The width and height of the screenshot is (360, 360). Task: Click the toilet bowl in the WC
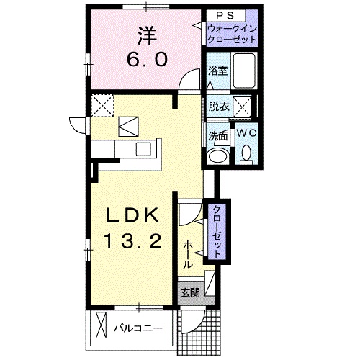pyautogui.click(x=246, y=153)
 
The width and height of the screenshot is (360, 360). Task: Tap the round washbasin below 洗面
pyautogui.click(x=217, y=157)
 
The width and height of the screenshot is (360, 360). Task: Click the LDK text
pyautogui.click(x=130, y=217)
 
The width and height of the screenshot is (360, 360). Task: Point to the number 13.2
pyautogui.click(x=130, y=243)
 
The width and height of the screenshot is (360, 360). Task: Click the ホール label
pyautogui.click(x=189, y=254)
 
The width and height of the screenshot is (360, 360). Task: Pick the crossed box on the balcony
pyautogui.click(x=100, y=328)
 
